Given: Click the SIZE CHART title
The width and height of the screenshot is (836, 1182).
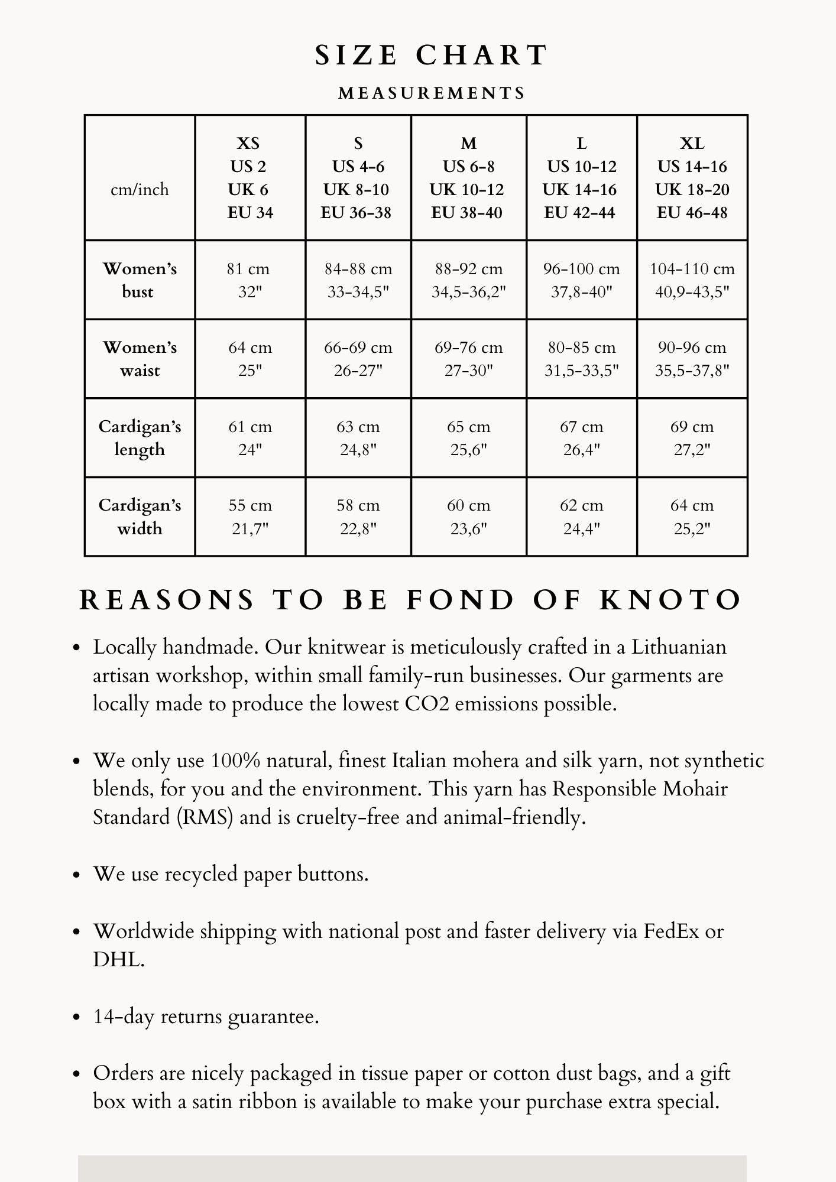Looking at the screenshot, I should (x=431, y=56).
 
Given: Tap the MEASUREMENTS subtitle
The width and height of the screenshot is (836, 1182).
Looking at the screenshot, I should (x=432, y=93).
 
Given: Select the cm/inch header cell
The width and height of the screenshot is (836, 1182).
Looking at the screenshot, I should (x=140, y=190).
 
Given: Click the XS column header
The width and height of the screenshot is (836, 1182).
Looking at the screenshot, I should (x=249, y=177).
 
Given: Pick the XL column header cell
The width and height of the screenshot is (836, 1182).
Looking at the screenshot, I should (x=692, y=177).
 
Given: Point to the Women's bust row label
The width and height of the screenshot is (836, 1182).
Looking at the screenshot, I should (x=140, y=280).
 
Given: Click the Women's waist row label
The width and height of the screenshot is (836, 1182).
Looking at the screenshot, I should (x=140, y=359).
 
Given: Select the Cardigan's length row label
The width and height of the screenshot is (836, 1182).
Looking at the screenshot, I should (x=140, y=438).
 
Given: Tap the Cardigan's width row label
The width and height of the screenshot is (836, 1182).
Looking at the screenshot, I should (x=140, y=517).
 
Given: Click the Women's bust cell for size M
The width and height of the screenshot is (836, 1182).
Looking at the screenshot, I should (x=468, y=280).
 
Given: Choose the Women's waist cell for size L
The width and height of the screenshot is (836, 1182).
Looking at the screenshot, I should (x=581, y=359).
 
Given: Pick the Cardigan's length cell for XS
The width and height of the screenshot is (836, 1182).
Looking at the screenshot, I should (x=249, y=438).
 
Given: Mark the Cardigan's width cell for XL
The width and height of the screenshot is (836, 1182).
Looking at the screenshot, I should (x=692, y=517).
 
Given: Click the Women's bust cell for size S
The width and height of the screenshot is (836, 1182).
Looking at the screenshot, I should (x=358, y=280).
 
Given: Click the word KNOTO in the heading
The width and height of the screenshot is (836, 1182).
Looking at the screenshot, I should (x=670, y=600).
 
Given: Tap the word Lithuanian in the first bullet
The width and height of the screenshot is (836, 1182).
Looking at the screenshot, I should (x=679, y=647).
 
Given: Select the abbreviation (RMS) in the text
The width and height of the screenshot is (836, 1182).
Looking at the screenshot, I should (x=205, y=817).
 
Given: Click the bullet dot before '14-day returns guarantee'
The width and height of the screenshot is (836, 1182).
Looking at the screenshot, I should (x=76, y=1018).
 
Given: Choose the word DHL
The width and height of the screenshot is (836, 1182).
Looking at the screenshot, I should (x=118, y=960).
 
